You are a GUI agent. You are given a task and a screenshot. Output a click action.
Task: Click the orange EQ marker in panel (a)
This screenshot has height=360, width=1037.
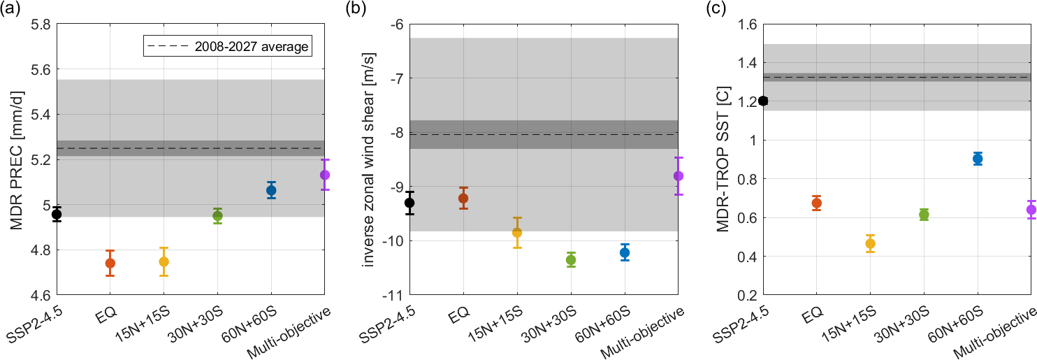pos(110,263)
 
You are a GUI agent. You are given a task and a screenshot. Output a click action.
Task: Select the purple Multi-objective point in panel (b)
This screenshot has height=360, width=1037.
pos(679,176)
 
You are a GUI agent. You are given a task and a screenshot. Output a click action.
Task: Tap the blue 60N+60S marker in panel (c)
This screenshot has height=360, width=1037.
pos(978,159)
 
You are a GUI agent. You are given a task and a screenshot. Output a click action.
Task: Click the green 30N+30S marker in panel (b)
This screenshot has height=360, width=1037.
pos(571,260)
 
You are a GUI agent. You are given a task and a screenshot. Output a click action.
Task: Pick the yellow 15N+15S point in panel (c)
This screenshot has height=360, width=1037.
pos(870,243)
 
